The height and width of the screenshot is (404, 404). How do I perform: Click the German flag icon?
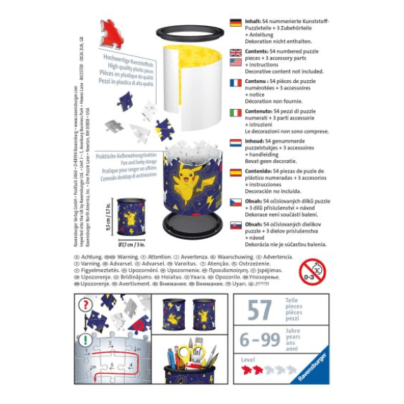pos(236,22)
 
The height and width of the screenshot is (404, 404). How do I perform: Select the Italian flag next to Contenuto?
pos(236,112)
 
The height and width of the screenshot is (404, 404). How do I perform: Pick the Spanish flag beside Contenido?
pos(236,173)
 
